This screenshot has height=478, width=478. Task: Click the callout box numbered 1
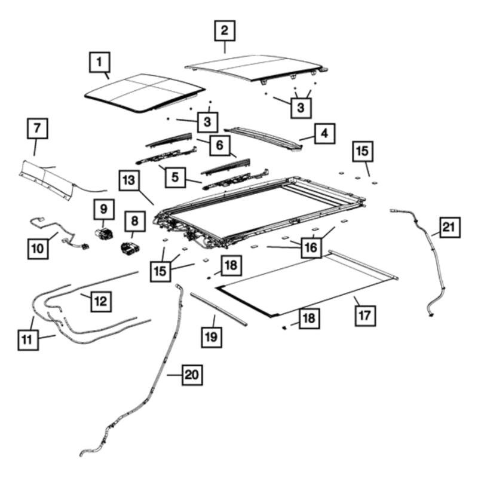[100, 61]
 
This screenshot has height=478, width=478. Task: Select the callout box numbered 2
[225, 30]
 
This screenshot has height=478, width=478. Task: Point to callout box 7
[37, 128]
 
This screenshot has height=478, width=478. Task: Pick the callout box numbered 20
[191, 375]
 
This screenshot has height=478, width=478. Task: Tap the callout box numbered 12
[100, 301]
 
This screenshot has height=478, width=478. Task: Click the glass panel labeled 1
[141, 93]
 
